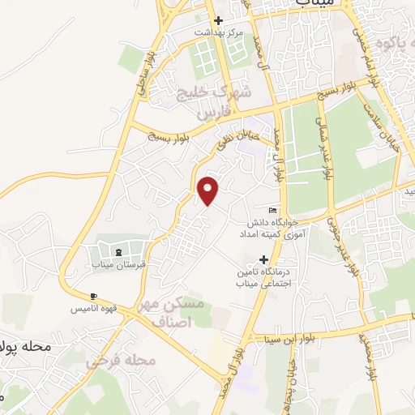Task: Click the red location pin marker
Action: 209,190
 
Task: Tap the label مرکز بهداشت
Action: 218,32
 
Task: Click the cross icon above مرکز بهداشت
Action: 217,20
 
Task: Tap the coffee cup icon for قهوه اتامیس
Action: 94,296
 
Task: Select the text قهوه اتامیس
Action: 96,310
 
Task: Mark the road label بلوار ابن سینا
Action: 285,338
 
